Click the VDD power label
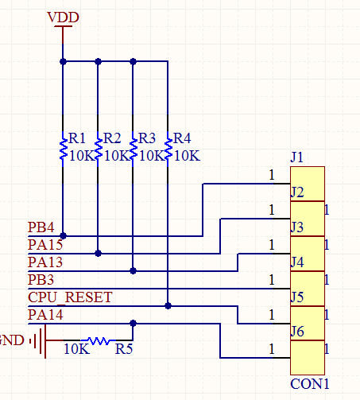click(x=63, y=17)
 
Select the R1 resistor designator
click(x=77, y=138)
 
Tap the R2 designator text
click(x=112, y=138)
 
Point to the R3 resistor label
click(x=147, y=138)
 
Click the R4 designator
click(x=182, y=138)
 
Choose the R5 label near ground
click(x=124, y=349)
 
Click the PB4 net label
click(x=41, y=227)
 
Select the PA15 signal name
click(x=45, y=245)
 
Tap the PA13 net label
click(x=45, y=262)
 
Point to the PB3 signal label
click(x=41, y=280)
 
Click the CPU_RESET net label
click(x=70, y=297)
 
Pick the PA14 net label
click(x=45, y=315)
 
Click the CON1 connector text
click(x=310, y=384)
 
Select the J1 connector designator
click(x=297, y=157)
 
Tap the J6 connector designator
click(x=297, y=332)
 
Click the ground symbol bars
click(x=40, y=340)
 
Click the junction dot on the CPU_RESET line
click(x=168, y=306)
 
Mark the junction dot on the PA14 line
click(x=134, y=323)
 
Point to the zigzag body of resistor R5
click(x=98, y=340)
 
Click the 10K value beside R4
click(x=187, y=156)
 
